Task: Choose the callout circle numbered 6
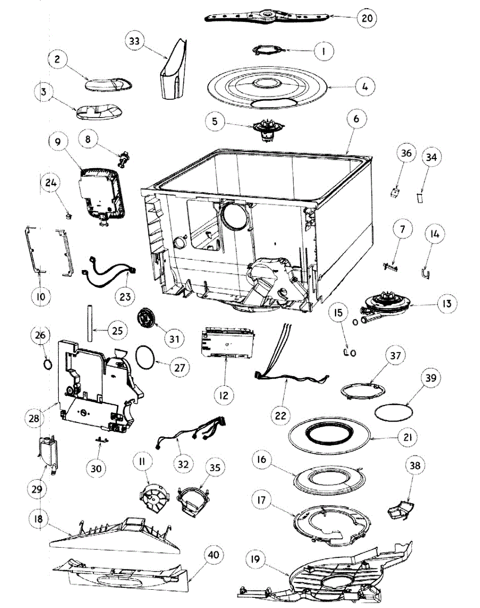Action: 356,120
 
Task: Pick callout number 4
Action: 365,86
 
